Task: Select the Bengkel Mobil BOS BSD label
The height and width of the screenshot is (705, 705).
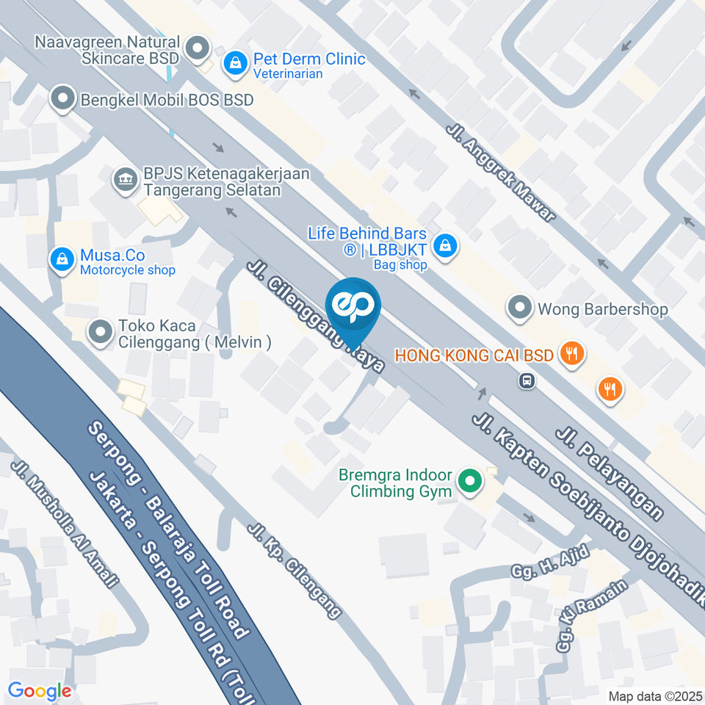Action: point(167,98)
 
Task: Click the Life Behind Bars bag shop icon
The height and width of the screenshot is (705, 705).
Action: point(445,247)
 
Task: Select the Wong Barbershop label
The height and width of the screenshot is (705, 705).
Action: point(602,309)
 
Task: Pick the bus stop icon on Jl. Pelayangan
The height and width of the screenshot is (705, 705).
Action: point(526,380)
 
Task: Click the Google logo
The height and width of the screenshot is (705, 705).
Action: point(40,690)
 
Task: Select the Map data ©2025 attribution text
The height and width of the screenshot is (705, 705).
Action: point(655,695)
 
